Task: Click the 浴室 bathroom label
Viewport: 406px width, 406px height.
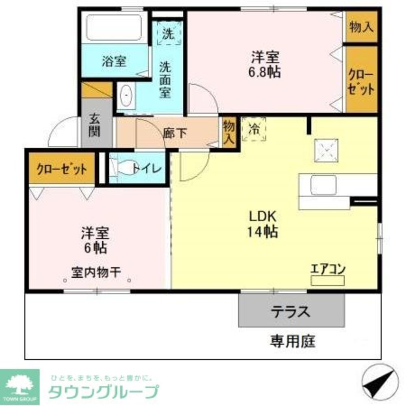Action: tap(114, 62)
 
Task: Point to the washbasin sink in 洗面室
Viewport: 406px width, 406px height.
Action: tap(127, 96)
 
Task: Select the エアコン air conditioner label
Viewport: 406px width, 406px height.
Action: tap(328, 269)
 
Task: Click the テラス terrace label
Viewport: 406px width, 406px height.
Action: tap(291, 311)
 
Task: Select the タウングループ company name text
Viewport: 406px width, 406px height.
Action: tap(103, 392)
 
